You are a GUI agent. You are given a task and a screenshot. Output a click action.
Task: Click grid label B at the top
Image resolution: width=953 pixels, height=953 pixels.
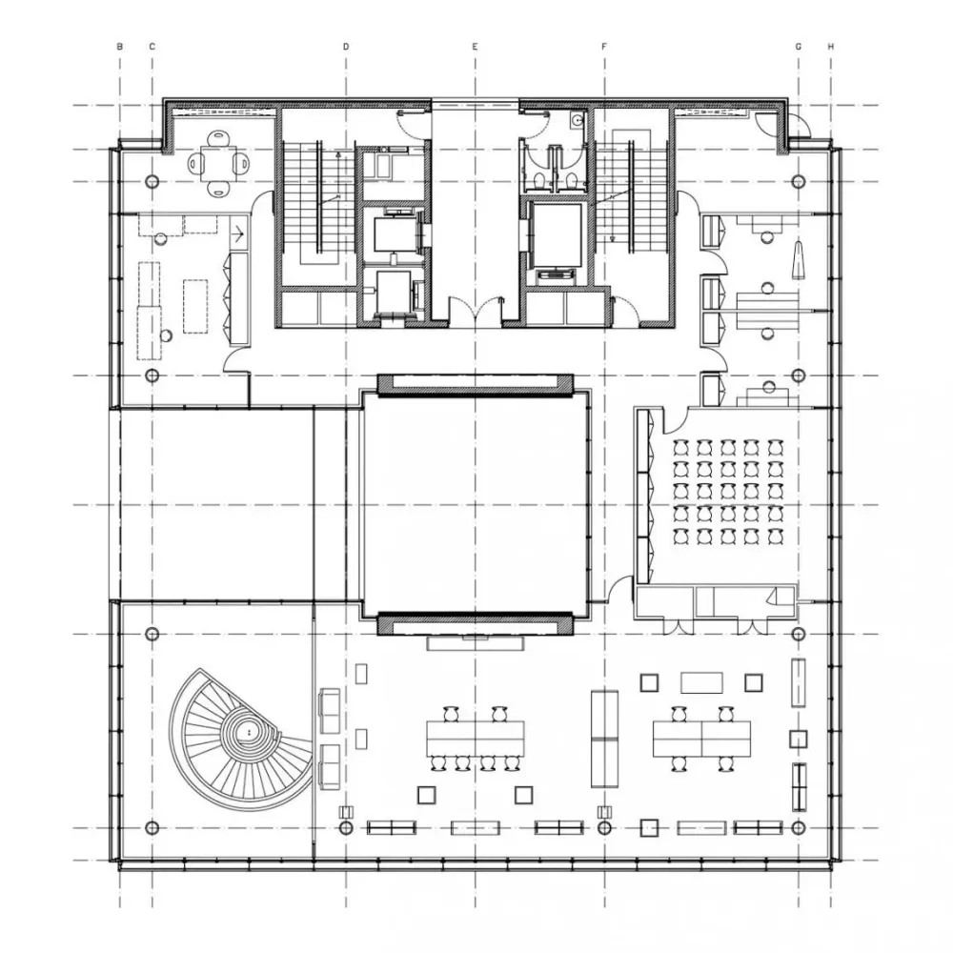120,46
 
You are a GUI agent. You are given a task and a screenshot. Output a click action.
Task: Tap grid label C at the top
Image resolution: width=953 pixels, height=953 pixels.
152,46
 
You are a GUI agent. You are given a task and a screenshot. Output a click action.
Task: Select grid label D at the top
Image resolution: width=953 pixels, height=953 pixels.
346,46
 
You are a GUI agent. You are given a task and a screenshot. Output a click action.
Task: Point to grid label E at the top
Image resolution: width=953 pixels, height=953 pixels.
476,46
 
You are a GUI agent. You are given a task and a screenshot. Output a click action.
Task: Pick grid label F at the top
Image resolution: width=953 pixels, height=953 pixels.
604,46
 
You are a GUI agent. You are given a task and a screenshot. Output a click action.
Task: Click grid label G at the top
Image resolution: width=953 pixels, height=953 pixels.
798,46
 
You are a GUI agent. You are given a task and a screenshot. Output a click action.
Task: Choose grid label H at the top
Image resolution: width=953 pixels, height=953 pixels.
831,46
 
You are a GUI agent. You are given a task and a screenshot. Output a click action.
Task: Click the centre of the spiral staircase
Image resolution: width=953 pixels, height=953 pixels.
248,732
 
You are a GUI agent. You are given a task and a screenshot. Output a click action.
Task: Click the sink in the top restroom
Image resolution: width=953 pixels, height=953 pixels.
577,121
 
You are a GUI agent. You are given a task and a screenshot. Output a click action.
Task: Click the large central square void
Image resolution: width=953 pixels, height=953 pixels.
475,504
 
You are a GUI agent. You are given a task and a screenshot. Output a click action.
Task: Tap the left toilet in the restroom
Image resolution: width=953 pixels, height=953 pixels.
537,180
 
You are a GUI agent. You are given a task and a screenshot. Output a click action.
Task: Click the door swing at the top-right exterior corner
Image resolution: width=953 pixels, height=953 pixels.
801,128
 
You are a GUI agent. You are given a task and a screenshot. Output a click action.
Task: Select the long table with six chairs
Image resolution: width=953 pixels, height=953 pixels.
475,739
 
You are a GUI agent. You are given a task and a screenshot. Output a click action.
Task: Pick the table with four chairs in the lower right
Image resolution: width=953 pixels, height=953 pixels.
701,739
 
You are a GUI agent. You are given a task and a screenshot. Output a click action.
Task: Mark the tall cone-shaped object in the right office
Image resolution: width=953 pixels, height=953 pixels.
798,259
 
